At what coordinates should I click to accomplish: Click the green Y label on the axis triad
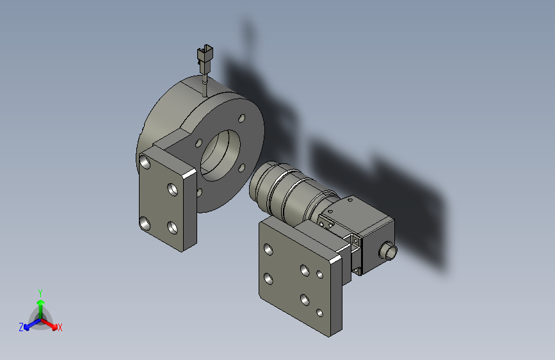click(40, 291)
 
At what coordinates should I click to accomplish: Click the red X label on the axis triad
click(60, 328)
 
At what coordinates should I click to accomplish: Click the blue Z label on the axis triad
click(21, 327)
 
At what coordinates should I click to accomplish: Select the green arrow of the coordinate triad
click(40, 304)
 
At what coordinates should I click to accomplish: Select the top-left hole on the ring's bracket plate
click(146, 163)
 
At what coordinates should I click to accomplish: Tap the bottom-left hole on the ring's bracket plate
click(145, 223)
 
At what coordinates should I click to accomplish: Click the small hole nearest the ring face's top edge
click(241, 119)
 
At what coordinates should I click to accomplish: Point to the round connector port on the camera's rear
click(388, 250)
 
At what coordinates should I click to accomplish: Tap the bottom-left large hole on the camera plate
click(268, 279)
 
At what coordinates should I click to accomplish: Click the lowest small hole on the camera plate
click(321, 313)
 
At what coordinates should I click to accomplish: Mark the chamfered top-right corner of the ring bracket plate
click(189, 174)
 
